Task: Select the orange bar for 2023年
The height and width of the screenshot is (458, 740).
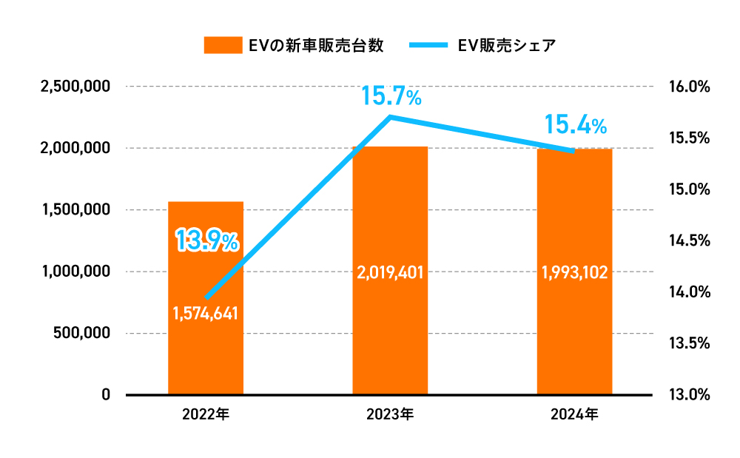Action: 390,333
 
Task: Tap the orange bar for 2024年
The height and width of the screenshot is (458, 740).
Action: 574,333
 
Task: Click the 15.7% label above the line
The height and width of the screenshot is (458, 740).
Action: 391,95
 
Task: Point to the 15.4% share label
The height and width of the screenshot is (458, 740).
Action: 575,125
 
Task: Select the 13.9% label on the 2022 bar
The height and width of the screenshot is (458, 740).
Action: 206,240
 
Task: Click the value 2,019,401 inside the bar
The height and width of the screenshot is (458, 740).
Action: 390,272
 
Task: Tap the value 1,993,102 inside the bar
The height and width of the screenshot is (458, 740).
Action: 574,272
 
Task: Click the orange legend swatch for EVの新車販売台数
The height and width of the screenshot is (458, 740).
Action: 223,45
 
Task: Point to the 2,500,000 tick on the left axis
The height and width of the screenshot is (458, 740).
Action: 76,87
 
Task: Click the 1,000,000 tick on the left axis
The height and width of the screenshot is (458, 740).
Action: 76,272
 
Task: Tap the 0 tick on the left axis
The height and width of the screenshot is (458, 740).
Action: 107,394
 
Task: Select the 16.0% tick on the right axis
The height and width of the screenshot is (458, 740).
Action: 688,87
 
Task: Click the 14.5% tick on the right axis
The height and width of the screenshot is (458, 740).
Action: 688,240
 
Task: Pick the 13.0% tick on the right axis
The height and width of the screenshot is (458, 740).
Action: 688,394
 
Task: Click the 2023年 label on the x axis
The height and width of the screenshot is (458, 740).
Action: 390,414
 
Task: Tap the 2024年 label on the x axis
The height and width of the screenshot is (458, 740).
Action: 574,414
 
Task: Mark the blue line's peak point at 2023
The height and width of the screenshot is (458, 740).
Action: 390,117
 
